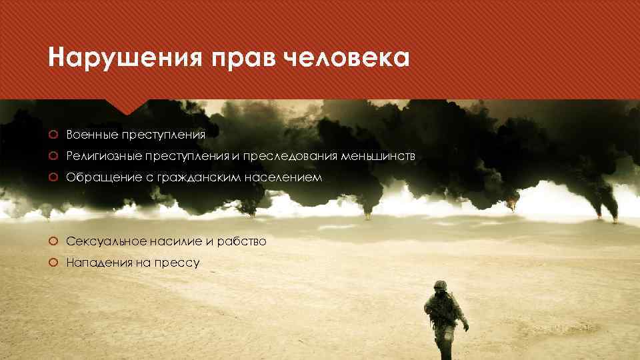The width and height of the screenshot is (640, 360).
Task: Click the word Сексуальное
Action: pyautogui.click(x=97, y=241)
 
